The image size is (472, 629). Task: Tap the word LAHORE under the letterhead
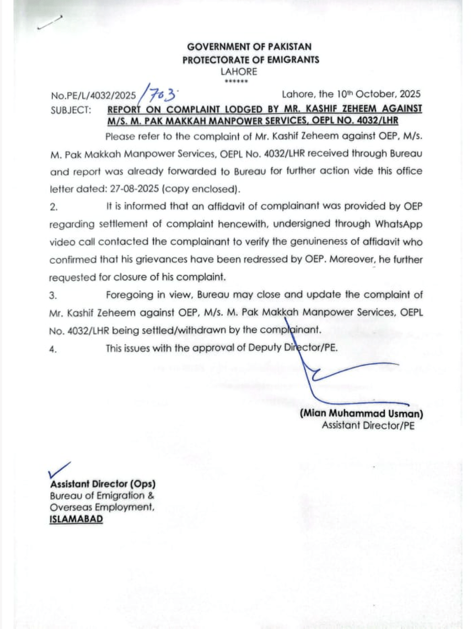(239, 72)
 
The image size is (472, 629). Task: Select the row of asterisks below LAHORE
(233, 82)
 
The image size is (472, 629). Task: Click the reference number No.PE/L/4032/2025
(93, 96)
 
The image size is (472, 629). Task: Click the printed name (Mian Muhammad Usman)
(361, 414)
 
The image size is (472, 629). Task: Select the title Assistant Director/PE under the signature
(368, 426)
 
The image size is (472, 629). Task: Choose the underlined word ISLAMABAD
(76, 519)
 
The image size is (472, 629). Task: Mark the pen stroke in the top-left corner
(49, 23)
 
